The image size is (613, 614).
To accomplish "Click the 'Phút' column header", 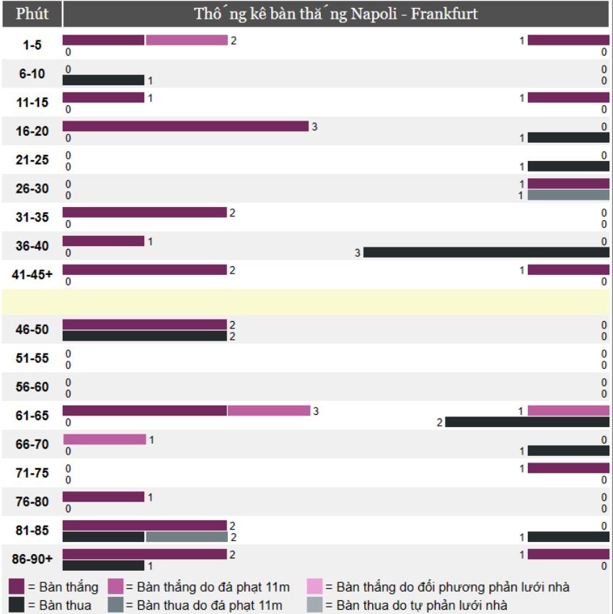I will (x=32, y=14).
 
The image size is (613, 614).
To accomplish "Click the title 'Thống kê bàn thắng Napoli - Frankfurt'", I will (x=335, y=14).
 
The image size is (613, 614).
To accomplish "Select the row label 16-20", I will (x=32, y=131).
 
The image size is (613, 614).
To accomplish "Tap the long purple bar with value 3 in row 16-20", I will (x=185, y=126).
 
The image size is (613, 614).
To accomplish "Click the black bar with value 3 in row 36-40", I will (x=486, y=253).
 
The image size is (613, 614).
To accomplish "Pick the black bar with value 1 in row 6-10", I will (x=103, y=80).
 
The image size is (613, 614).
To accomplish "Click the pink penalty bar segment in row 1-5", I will (x=187, y=40).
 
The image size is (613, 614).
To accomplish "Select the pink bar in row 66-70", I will (x=105, y=439).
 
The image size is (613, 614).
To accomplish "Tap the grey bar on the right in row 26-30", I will (x=568, y=195).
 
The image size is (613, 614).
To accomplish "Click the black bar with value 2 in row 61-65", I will (x=527, y=422).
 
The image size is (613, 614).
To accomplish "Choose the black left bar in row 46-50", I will (x=144, y=335).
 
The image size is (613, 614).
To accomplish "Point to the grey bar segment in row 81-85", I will (x=187, y=537).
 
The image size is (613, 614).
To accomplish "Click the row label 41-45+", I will (x=32, y=275).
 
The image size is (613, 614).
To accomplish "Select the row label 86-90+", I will (x=32, y=559).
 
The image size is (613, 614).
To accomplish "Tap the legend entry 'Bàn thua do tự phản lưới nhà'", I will (x=416, y=605).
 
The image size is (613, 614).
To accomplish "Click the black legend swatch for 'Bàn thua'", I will (x=17, y=605).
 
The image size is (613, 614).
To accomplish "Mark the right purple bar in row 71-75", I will (x=568, y=468).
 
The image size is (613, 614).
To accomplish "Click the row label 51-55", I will (x=32, y=359).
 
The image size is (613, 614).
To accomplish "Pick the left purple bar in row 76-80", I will (x=103, y=497).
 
